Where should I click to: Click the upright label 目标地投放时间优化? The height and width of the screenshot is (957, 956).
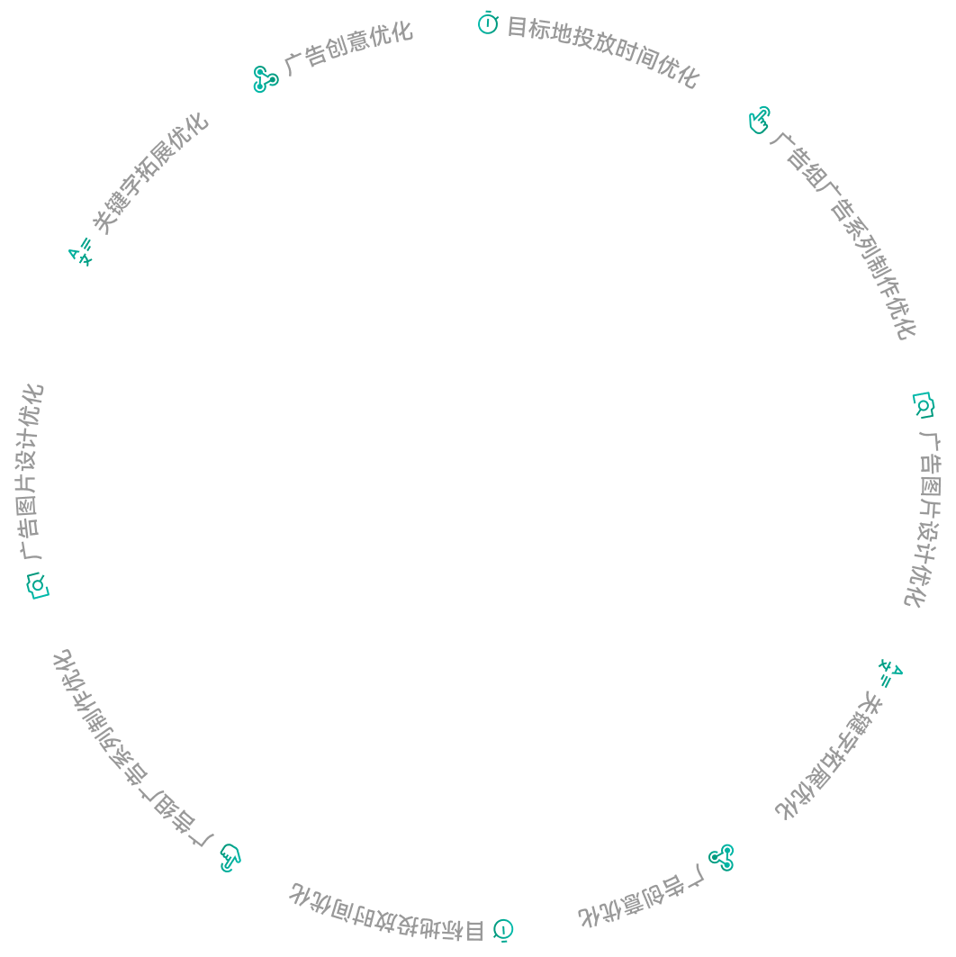pyautogui.click(x=603, y=51)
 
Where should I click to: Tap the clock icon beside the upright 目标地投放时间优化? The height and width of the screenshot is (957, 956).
pyautogui.click(x=488, y=23)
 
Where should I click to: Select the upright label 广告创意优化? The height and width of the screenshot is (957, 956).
pyautogui.click(x=348, y=49)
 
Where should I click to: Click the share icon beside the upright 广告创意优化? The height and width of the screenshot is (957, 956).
pyautogui.click(x=266, y=79)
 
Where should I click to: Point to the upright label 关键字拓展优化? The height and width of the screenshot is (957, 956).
pyautogui.click(x=150, y=174)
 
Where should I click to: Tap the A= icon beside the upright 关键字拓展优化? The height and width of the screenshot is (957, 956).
pyautogui.click(x=80, y=251)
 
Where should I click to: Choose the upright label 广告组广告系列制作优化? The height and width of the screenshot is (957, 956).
pyautogui.click(x=843, y=234)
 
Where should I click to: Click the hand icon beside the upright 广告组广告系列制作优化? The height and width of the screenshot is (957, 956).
pyautogui.click(x=760, y=120)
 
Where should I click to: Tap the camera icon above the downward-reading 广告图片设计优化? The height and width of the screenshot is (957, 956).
pyautogui.click(x=923, y=405)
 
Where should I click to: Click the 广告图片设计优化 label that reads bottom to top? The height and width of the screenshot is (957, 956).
pyautogui.click(x=31, y=471)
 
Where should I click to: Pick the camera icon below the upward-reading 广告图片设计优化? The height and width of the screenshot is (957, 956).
pyautogui.click(x=38, y=585)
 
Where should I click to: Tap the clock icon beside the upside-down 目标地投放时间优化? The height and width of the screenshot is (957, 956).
pyautogui.click(x=503, y=930)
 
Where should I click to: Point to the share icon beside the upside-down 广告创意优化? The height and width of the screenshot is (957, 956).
pyautogui.click(x=721, y=857)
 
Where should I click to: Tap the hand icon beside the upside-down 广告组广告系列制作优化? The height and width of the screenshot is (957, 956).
pyautogui.click(x=230, y=857)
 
